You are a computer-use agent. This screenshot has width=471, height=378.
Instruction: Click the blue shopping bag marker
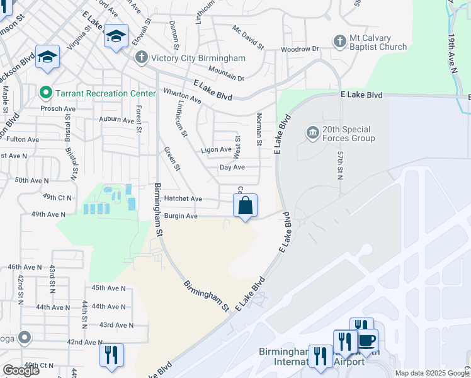(x=246, y=206)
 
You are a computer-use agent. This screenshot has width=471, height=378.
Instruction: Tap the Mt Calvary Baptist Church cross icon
(x=339, y=41)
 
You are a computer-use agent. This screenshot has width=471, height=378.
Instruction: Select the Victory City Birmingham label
(x=197, y=58)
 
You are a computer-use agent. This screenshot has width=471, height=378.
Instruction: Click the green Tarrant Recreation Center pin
(x=45, y=93)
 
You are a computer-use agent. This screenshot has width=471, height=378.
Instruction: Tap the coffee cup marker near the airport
(x=367, y=341)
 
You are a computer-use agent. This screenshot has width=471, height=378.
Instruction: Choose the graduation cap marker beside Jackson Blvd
(x=48, y=57)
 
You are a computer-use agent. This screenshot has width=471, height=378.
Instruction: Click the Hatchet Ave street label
(x=183, y=198)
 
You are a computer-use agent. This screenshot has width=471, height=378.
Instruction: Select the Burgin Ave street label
(x=181, y=216)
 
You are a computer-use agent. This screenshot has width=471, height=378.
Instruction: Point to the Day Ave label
(x=232, y=168)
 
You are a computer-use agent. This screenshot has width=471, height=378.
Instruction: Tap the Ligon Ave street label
(x=216, y=150)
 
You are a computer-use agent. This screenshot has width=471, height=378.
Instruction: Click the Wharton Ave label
(x=182, y=98)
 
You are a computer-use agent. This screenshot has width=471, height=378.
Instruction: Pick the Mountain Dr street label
(x=226, y=74)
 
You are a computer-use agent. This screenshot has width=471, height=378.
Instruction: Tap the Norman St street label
(x=259, y=130)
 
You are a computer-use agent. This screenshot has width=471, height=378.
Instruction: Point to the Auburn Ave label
(x=117, y=119)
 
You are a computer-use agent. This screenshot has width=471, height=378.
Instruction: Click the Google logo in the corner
(x=21, y=370)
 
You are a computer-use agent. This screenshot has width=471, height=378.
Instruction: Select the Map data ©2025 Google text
(x=431, y=373)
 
